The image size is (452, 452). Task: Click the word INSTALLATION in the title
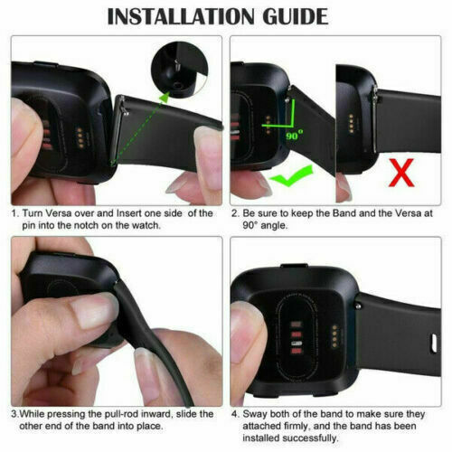(181, 16)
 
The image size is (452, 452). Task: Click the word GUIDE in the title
(296, 16)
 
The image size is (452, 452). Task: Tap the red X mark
(401, 173)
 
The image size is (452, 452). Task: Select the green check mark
(291, 175)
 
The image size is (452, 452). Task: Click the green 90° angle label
(295, 135)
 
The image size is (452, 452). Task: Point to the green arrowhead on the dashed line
(165, 98)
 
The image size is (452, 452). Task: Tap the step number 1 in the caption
(14, 213)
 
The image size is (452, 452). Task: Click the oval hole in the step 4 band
(434, 343)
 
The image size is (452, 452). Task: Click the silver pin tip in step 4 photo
(358, 306)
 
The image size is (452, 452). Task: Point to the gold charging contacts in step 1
(80, 137)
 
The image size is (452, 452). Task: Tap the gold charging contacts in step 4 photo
(334, 336)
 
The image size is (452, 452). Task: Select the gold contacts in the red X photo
(352, 124)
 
